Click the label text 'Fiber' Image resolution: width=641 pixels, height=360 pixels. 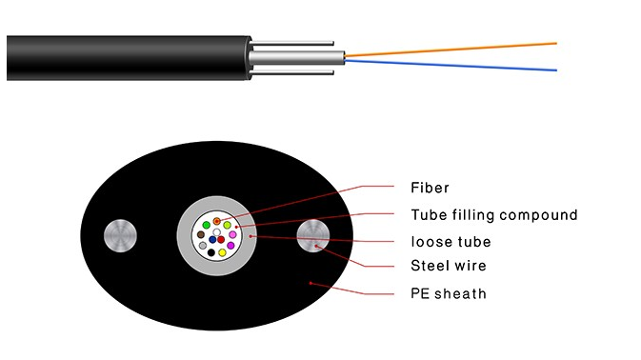430,187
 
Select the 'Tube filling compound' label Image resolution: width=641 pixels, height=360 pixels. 493,214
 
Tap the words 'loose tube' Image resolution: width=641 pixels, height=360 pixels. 451,241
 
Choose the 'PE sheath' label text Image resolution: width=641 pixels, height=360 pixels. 448,293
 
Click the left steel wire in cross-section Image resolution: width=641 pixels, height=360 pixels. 123,234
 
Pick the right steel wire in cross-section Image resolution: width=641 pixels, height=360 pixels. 314,234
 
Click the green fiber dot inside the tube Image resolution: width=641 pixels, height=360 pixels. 207,225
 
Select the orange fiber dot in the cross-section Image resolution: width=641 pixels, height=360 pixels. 217,221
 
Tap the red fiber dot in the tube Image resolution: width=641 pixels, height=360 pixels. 221,239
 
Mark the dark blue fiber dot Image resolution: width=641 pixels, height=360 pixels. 212,239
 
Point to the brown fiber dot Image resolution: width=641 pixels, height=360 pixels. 201,234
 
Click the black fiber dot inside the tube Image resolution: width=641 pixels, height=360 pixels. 211,252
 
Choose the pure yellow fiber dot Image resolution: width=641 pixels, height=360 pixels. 222,252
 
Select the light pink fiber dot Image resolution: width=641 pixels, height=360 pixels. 232,234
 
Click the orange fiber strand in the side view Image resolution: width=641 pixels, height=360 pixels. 457,50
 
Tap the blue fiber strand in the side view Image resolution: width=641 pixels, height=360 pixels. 457,63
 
